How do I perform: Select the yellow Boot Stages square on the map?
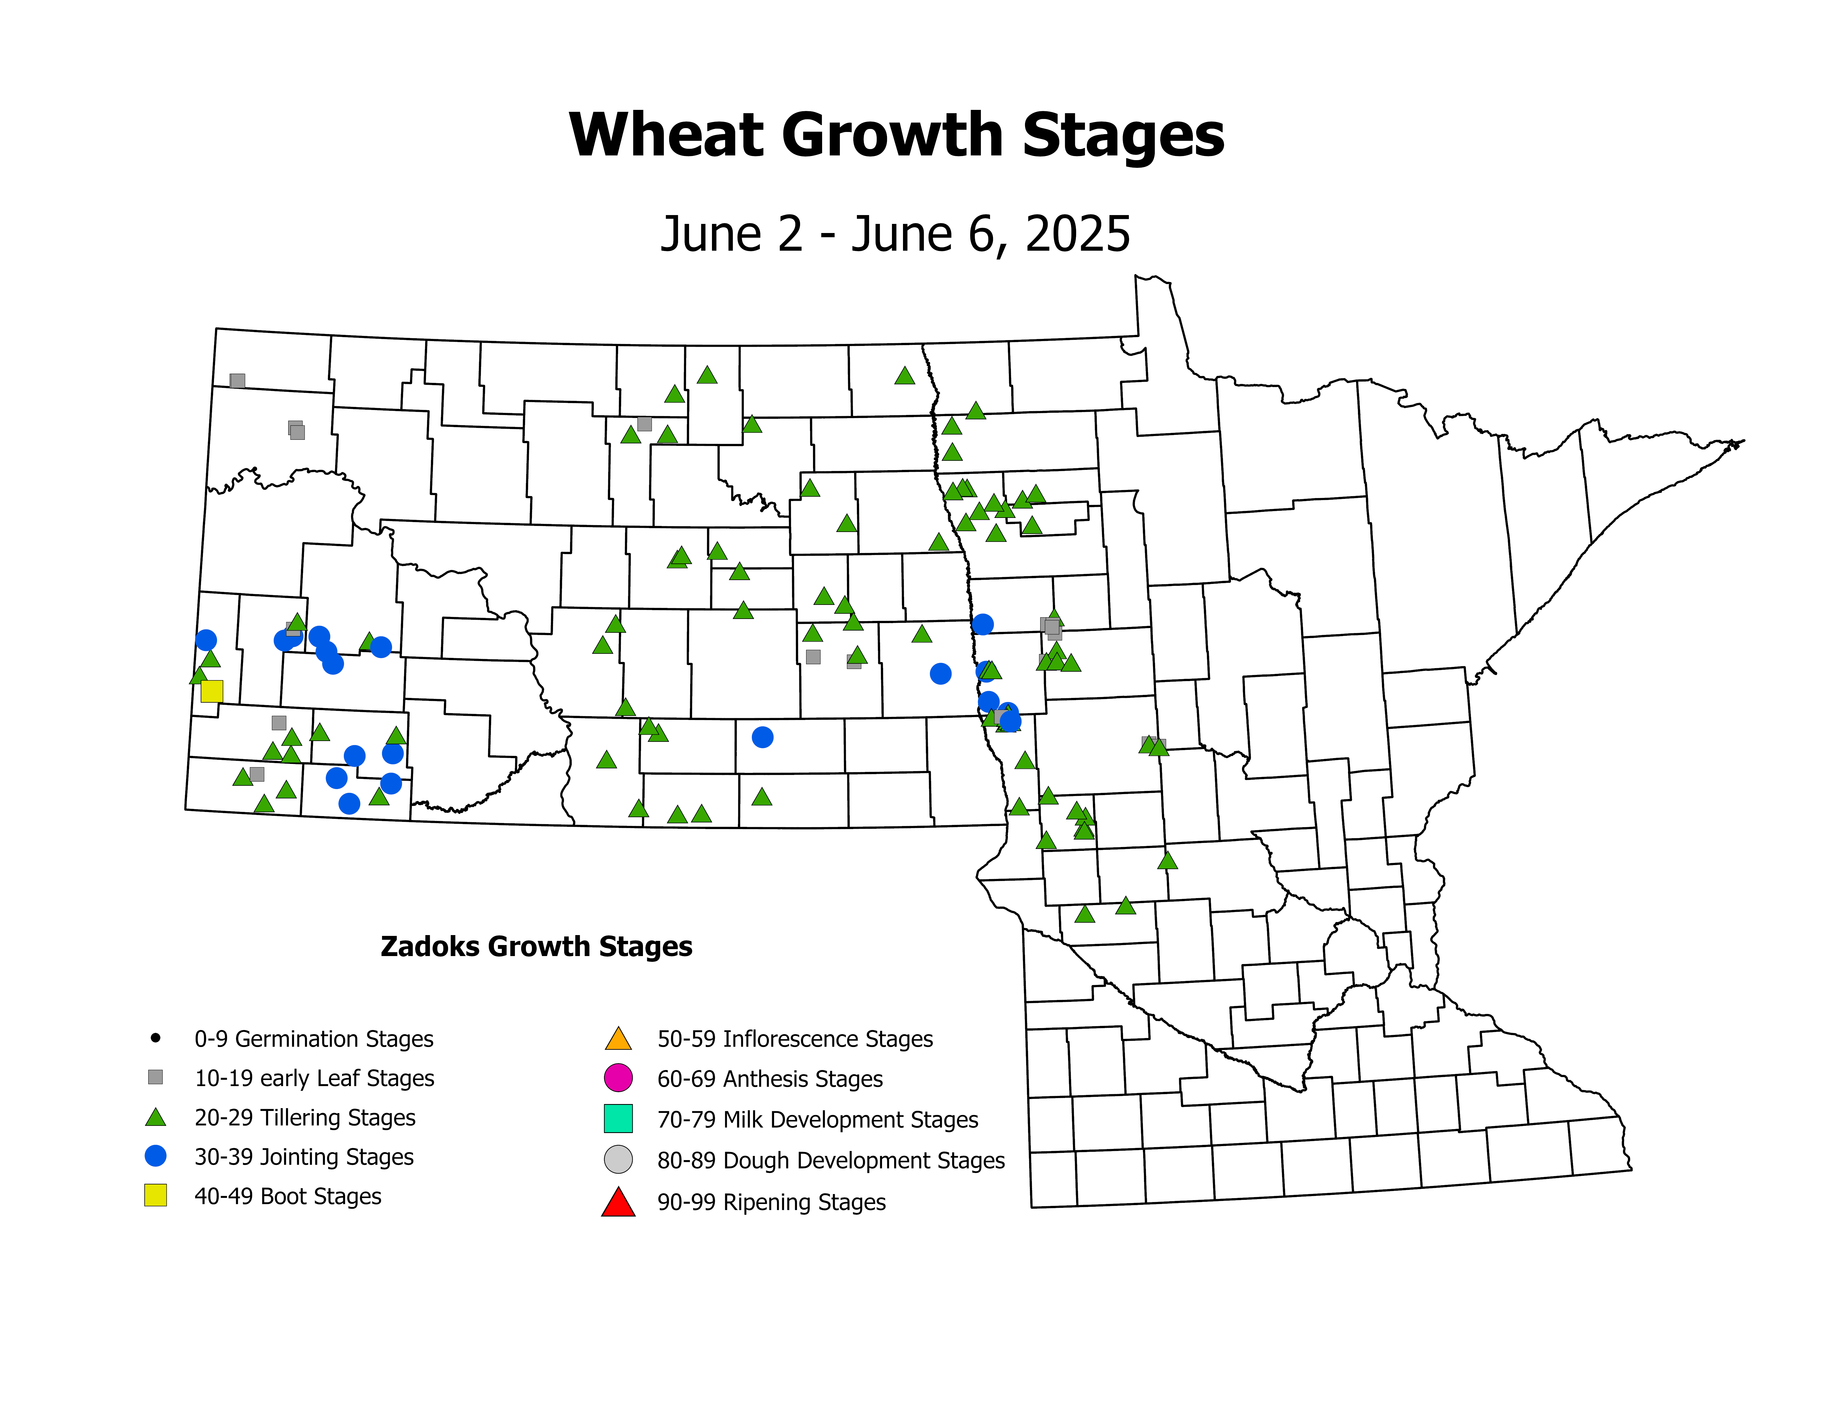(212, 691)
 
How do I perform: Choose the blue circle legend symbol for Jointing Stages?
(155, 1156)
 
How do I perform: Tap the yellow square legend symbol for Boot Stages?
(155, 1195)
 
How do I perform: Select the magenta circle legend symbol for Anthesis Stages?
(618, 1078)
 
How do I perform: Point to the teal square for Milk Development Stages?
(618, 1119)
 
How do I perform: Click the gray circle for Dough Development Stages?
(618, 1160)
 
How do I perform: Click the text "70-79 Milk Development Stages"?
(817, 1119)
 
